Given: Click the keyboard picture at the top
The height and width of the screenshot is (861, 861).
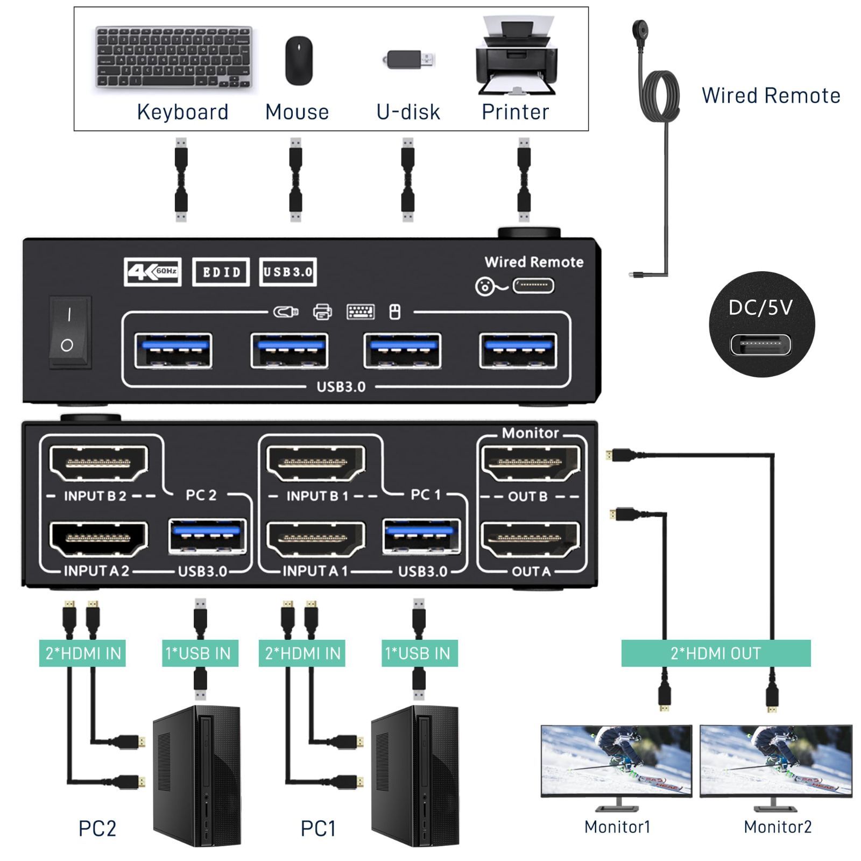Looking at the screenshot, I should (x=173, y=57).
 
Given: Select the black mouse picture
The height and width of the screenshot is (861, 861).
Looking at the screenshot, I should (x=299, y=60).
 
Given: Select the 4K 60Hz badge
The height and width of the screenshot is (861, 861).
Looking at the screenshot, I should (x=152, y=272).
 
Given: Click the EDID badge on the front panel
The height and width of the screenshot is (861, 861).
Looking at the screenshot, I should (x=221, y=272).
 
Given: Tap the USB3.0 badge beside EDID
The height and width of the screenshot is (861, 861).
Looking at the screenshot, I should (x=287, y=272).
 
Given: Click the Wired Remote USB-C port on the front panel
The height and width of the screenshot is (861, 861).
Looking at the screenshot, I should (x=533, y=286).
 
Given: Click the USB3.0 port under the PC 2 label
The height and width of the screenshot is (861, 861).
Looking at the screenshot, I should (x=207, y=535).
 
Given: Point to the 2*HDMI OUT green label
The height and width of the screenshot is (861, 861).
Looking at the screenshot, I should (x=715, y=653).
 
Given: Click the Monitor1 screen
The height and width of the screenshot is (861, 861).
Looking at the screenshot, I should (x=616, y=760).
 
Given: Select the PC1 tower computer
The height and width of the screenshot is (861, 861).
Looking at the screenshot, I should (x=415, y=775).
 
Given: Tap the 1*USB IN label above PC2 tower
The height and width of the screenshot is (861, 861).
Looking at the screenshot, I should (x=200, y=653).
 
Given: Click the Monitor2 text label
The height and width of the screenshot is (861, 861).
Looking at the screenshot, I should (x=777, y=827).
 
